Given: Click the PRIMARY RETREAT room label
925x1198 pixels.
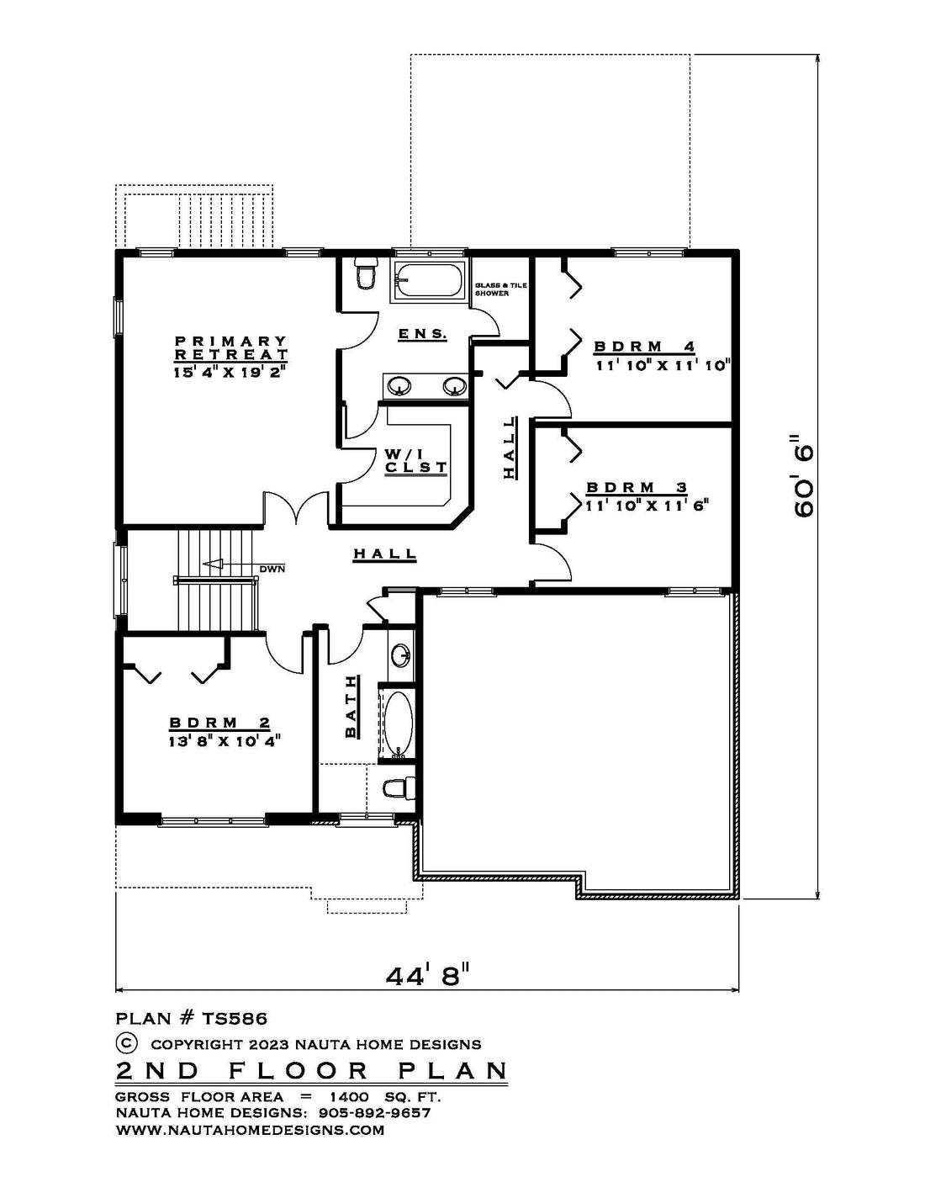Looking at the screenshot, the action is tap(231, 347).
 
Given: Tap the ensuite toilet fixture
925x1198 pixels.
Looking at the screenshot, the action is tap(365, 273).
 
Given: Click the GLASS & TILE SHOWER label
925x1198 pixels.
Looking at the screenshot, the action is tap(501, 289).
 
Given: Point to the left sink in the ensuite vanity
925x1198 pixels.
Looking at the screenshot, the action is tap(399, 385).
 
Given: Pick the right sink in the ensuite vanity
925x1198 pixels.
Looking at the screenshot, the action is tap(454, 385).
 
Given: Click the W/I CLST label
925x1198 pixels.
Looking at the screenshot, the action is tap(416, 461).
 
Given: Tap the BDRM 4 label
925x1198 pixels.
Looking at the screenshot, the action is tap(644, 347).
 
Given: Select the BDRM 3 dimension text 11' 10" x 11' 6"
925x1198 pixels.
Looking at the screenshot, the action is tap(646, 505).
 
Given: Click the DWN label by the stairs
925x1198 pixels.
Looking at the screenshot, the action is tap(272, 569).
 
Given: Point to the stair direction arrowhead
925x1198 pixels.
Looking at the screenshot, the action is tap(212, 564).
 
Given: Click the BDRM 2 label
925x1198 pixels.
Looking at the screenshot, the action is tap(219, 723).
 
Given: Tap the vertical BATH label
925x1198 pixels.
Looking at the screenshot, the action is tap(351, 708).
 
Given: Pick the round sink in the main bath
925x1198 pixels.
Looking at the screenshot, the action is tap(401, 655).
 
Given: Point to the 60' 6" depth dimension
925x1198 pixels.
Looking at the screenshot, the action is tap(804, 476).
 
